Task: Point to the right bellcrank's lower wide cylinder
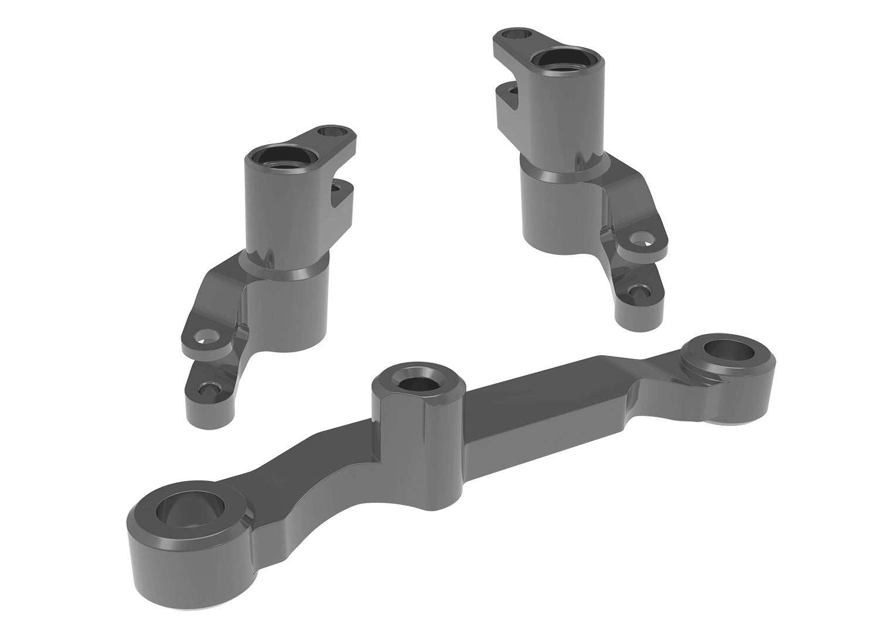point(557,211)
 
